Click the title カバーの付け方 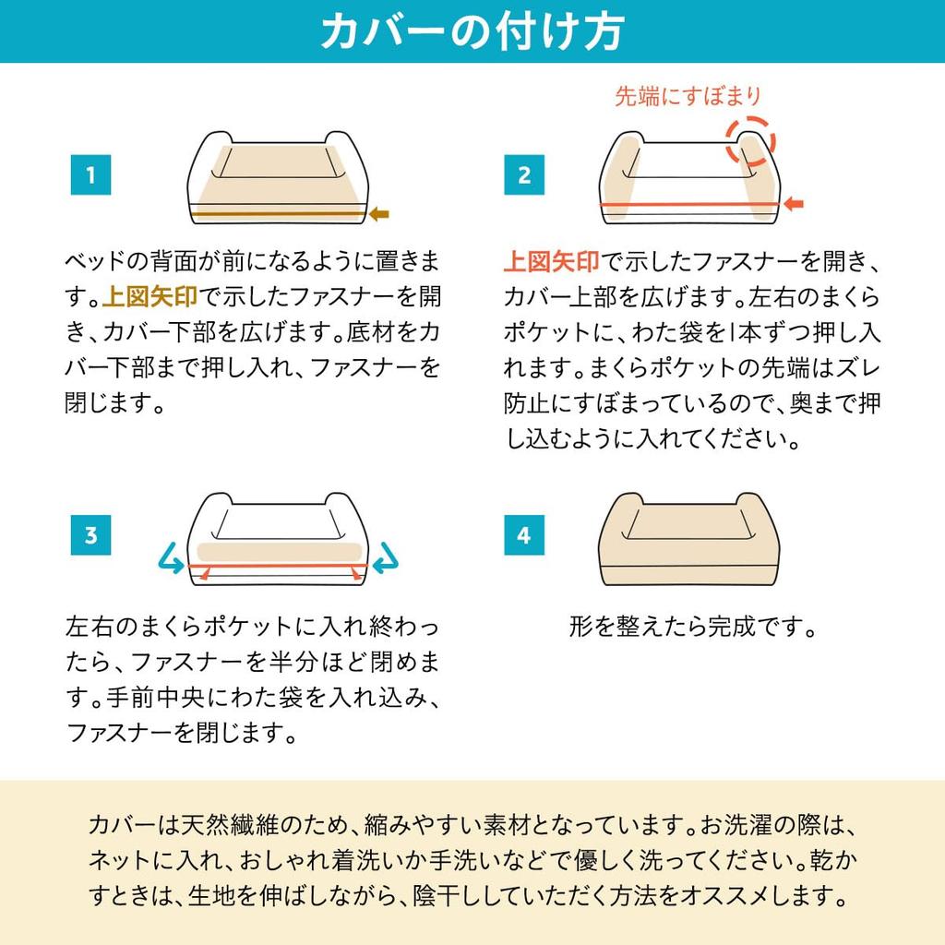coord(472,31)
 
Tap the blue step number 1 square coord(91,174)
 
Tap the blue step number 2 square coord(524,174)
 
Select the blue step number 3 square coord(91,535)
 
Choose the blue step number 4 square coord(524,535)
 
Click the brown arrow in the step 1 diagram coord(379,213)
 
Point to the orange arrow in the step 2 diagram coord(793,204)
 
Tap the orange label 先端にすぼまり coord(688,96)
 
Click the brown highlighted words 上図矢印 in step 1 coord(150,296)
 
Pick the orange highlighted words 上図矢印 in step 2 coord(552,261)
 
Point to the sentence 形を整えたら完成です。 coord(693,627)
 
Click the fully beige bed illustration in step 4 coord(688,539)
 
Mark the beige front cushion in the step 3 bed coord(280,552)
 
